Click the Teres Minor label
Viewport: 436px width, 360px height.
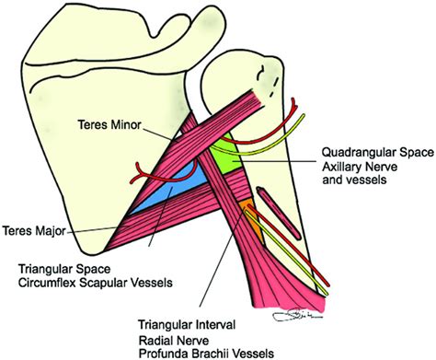tap(109, 125)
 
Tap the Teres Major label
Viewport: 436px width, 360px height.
tap(34, 230)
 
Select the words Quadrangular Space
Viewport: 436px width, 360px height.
tap(378, 153)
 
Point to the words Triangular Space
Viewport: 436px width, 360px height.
tap(64, 269)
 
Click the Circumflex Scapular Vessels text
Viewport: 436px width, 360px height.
tap(96, 283)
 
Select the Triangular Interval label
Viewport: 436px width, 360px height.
tap(187, 325)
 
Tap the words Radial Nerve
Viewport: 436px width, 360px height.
tap(174, 341)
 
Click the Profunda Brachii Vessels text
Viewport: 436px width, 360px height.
tap(206, 353)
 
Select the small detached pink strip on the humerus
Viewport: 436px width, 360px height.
tap(279, 213)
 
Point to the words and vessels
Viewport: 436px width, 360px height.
tap(354, 180)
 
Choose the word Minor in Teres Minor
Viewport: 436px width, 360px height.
tap(126, 125)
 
